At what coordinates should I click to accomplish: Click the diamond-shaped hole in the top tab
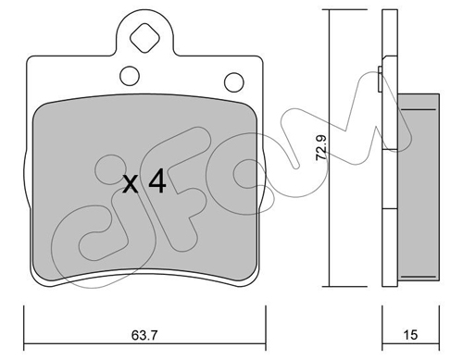[x=144, y=38]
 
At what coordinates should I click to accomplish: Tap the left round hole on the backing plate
[x=130, y=76]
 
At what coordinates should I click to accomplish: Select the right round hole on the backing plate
[x=234, y=82]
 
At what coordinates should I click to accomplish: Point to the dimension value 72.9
[x=321, y=147]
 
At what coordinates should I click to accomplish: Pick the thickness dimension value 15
[x=410, y=335]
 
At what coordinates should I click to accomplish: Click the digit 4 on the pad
[x=157, y=182]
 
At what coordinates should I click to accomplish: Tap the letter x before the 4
[x=131, y=184]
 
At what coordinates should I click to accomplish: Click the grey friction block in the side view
[x=419, y=187]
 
